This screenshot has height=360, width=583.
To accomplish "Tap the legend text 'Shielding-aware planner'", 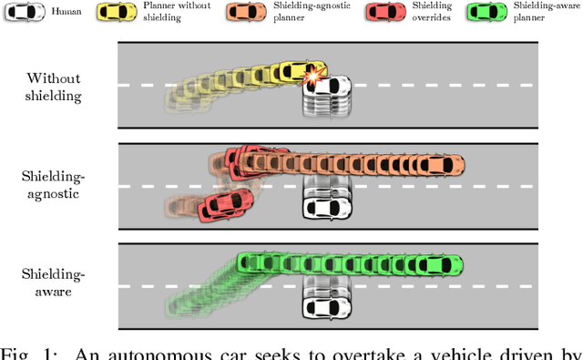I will (x=544, y=13).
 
